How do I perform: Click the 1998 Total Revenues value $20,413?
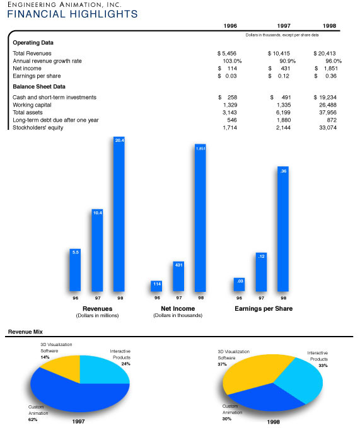pyautogui.click(x=325, y=53)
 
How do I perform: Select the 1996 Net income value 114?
pyautogui.click(x=232, y=68)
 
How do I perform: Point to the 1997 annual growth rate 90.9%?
pyautogui.click(x=287, y=61)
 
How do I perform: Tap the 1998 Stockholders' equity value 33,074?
pyautogui.click(x=328, y=127)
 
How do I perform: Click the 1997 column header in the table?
pyautogui.click(x=284, y=26)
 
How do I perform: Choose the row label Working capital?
pyautogui.click(x=32, y=105)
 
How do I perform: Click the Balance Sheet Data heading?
pyautogui.click(x=39, y=86)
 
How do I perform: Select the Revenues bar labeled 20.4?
pyautogui.click(x=119, y=214)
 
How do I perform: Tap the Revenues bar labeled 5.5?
pyautogui.click(x=75, y=270)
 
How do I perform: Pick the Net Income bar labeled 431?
pyautogui.click(x=178, y=276)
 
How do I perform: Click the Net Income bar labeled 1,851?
pyautogui.click(x=200, y=217)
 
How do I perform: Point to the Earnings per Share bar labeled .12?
pyautogui.click(x=261, y=272)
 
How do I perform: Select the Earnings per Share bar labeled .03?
pyautogui.click(x=240, y=284)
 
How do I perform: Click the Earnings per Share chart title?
pyautogui.click(x=264, y=308)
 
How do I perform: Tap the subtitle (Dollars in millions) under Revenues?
pyautogui.click(x=97, y=316)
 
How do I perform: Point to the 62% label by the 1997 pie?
pyautogui.click(x=33, y=420)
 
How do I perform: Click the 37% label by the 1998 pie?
pyautogui.click(x=222, y=364)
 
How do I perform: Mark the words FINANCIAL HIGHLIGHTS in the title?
pyautogui.click(x=73, y=14)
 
